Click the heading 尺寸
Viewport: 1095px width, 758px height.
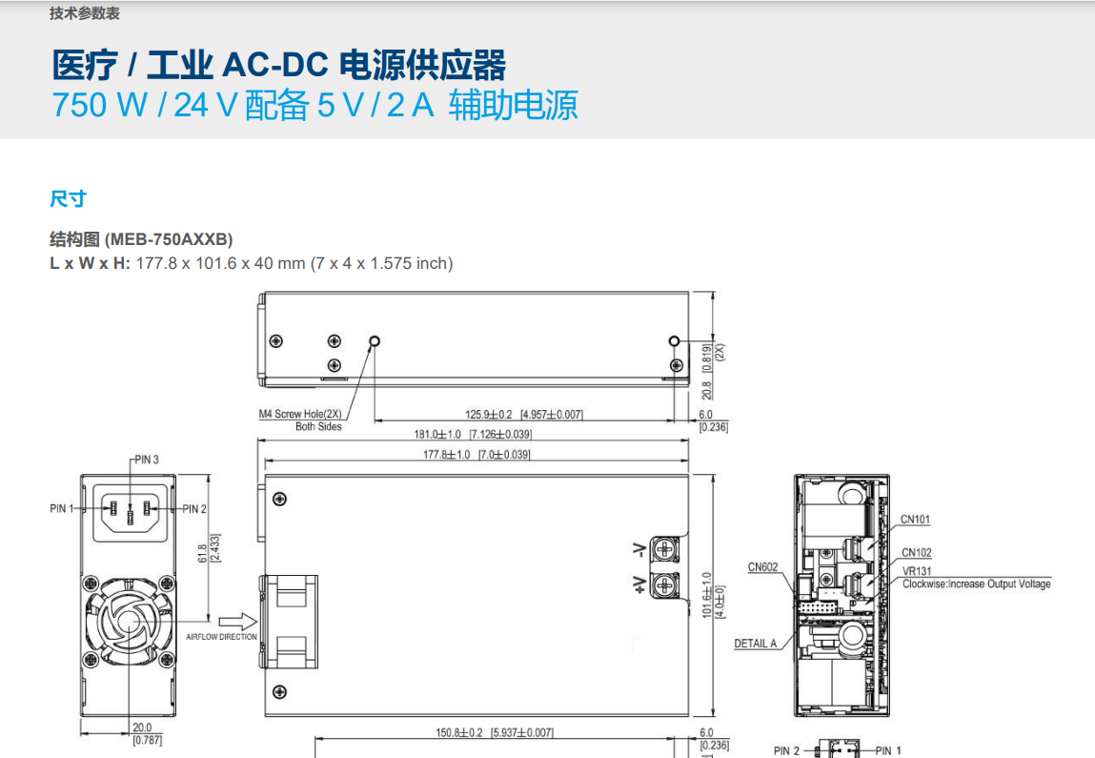point(68,198)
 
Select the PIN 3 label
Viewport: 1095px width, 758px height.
point(147,460)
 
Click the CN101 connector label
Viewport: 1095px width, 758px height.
point(916,520)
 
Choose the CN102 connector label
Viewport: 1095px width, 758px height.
point(917,553)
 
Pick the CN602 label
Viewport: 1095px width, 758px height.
point(762,567)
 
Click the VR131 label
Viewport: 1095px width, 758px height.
point(917,571)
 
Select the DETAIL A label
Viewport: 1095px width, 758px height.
point(756,644)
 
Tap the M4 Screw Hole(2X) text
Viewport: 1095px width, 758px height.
point(302,415)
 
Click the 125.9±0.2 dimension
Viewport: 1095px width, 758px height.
point(489,415)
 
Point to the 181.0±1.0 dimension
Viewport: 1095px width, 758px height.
point(436,435)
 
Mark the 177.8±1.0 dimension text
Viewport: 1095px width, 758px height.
point(446,455)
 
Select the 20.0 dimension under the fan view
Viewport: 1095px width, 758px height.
point(142,727)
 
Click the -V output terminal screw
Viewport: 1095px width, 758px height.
point(663,550)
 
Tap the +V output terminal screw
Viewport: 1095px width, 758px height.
point(663,584)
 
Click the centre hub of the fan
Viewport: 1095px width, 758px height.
point(130,621)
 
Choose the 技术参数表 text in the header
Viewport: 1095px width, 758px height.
point(85,14)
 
